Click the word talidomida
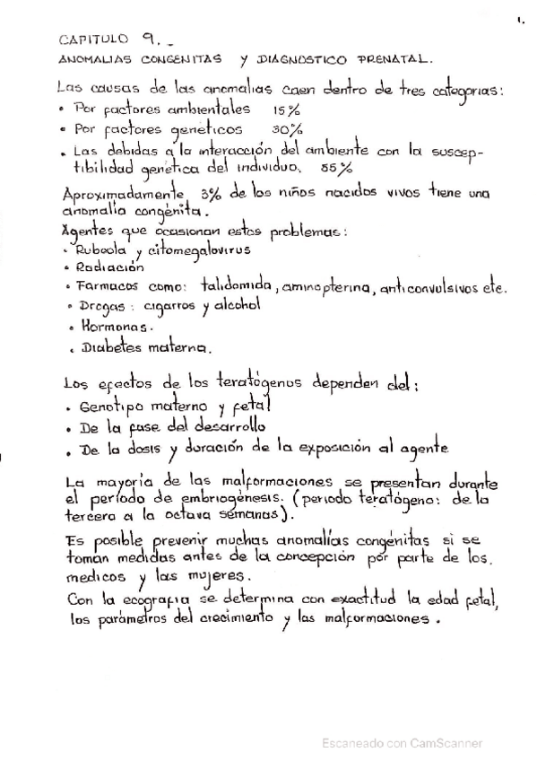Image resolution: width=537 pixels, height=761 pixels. [237, 286]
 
